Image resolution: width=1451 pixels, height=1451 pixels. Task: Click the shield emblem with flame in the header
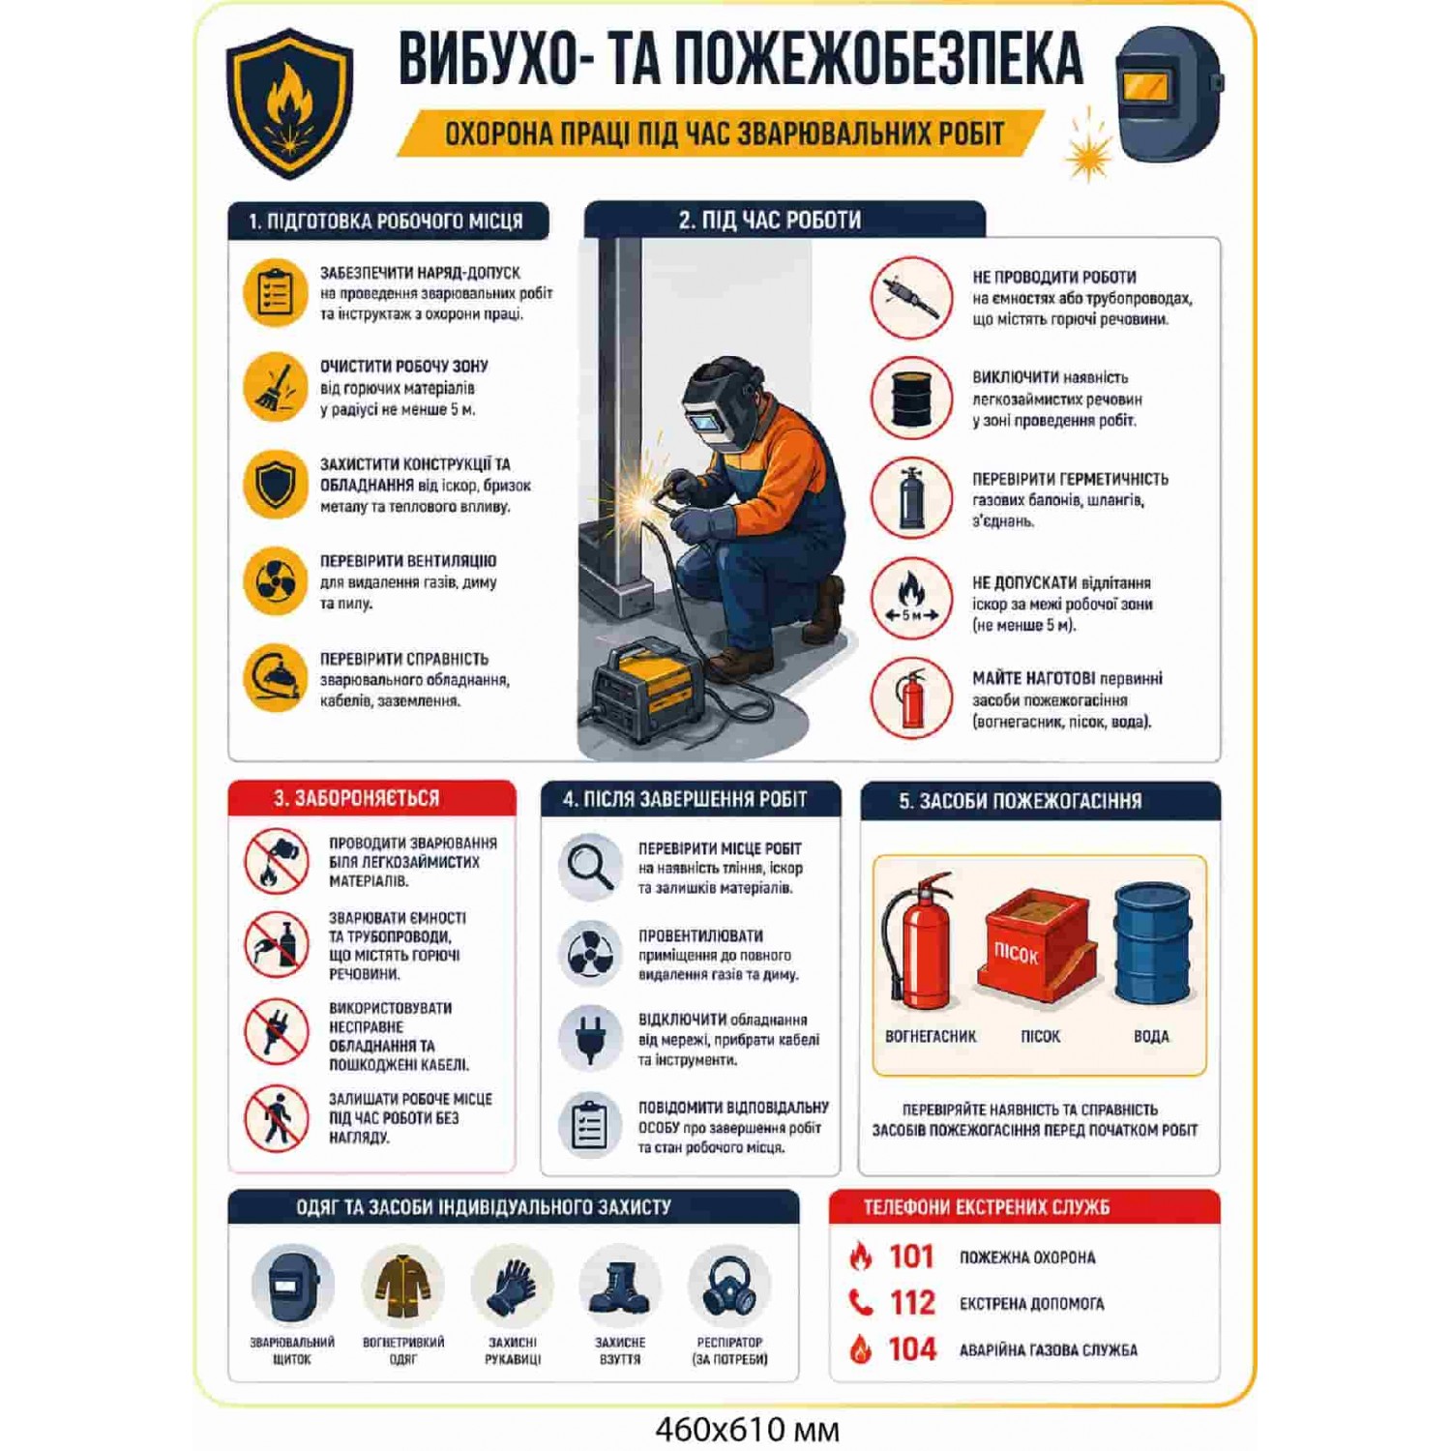[289, 104]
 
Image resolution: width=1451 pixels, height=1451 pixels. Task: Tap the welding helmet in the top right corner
[1169, 95]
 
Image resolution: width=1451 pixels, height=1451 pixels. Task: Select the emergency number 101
[911, 1257]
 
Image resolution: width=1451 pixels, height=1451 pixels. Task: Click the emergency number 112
[912, 1303]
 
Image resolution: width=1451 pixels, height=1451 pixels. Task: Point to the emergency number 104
[912, 1349]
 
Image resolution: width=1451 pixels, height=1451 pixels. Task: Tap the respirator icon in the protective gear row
[729, 1286]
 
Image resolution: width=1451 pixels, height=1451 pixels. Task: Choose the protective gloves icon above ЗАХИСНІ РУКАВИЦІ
[512, 1287]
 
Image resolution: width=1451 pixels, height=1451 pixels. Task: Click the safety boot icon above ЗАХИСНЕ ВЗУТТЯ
[619, 1287]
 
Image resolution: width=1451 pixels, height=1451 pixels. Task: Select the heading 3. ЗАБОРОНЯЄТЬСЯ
[356, 798]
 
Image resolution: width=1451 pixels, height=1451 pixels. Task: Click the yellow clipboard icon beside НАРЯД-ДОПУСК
[276, 292]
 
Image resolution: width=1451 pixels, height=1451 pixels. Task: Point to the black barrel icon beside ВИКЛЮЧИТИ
[911, 399]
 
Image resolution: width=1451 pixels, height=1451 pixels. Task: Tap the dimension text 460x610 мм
[747, 1429]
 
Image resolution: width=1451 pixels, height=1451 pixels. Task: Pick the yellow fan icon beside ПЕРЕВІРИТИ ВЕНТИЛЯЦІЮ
[276, 581]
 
